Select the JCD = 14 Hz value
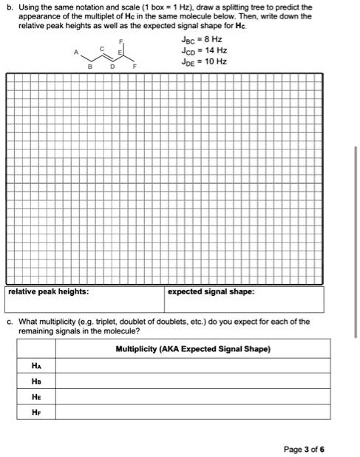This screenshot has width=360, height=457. [x=205, y=51]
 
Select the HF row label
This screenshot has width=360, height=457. [x=35, y=415]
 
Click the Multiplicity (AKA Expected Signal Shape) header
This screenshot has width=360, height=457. [x=194, y=348]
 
